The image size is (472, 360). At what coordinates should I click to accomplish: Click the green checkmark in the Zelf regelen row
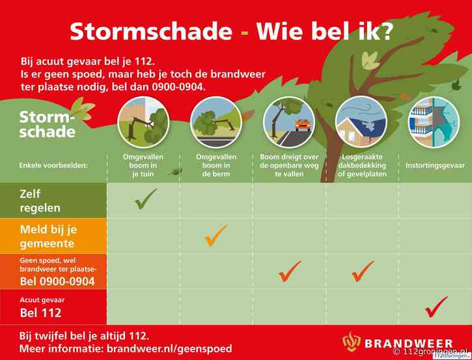pyautogui.click(x=145, y=199)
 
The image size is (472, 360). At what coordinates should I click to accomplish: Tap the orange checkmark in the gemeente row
pyautogui.click(x=215, y=235)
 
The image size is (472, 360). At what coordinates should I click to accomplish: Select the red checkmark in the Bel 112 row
pyautogui.click(x=436, y=307)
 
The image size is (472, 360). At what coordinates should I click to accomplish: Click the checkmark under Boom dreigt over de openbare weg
pyautogui.click(x=289, y=271)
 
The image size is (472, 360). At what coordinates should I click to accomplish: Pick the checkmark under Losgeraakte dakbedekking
pyautogui.click(x=362, y=271)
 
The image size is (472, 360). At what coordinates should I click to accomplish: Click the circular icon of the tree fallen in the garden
pyautogui.click(x=143, y=122)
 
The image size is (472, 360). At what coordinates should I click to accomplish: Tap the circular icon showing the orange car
pyautogui.click(x=288, y=122)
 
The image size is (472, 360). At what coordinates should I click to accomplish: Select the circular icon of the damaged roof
pyautogui.click(x=361, y=122)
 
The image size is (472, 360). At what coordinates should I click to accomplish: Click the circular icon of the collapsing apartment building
pyautogui.click(x=434, y=122)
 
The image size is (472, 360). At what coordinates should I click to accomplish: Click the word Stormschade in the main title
pyautogui.click(x=150, y=31)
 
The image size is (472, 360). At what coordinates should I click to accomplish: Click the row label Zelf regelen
pyautogui.click(x=40, y=201)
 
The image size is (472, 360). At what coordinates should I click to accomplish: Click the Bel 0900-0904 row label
pyautogui.click(x=57, y=281)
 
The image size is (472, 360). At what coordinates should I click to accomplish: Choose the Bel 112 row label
pyautogui.click(x=41, y=312)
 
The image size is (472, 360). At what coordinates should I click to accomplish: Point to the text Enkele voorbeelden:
pyautogui.click(x=53, y=165)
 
